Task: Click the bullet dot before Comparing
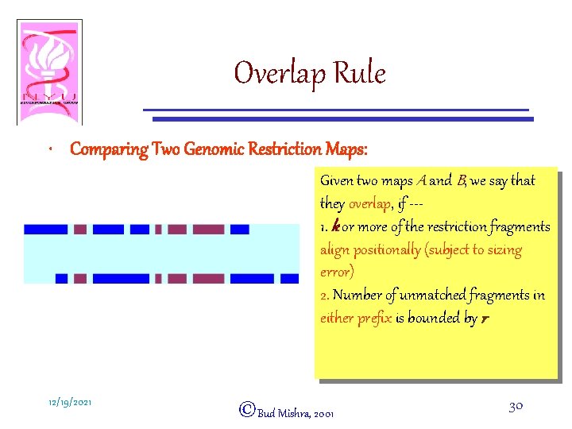tap(51, 150)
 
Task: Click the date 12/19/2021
tap(68, 403)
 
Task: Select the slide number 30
tap(515, 406)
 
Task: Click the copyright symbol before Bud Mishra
tap(246, 409)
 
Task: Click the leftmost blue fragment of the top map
tap(45, 230)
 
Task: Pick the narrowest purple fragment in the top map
tap(157, 230)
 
